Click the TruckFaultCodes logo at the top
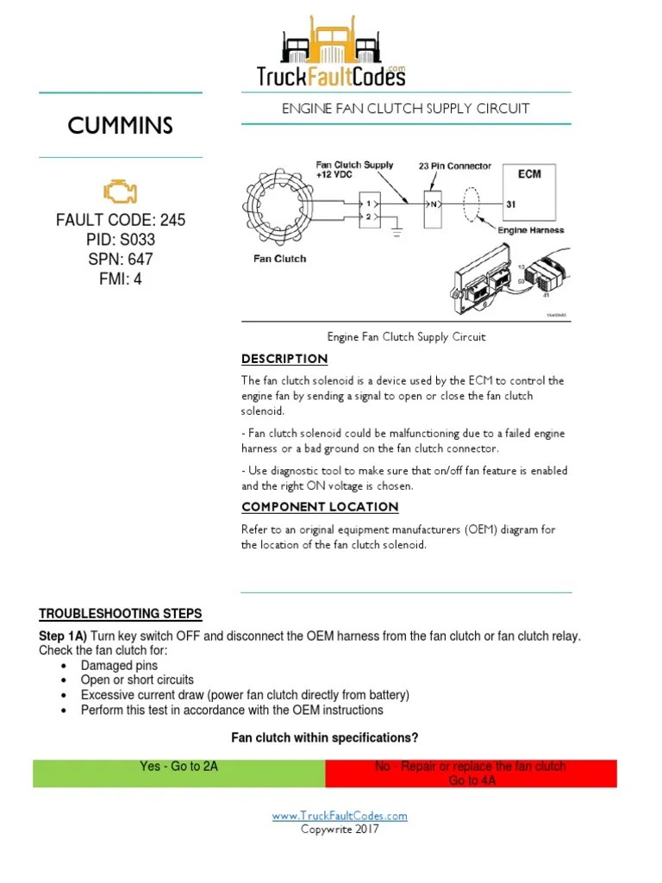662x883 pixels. pos(331,54)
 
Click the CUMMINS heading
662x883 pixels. pos(121,126)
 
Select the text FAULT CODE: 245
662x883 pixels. pos(121,221)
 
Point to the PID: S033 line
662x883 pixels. pos(121,240)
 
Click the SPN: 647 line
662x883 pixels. pos(121,260)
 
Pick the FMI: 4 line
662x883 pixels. pos(121,279)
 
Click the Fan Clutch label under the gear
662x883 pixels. pos(278,259)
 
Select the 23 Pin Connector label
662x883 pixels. pos(455,166)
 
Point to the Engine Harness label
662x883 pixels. pos(531,230)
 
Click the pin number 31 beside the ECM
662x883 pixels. pos(511,204)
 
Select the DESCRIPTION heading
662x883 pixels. pos(284,359)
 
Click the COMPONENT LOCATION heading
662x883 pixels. pos(320,507)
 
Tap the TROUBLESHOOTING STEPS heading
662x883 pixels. pos(121,614)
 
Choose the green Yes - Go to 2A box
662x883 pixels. pos(178,773)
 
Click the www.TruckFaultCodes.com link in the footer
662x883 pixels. pos(340,816)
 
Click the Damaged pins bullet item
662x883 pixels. pos(119,666)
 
